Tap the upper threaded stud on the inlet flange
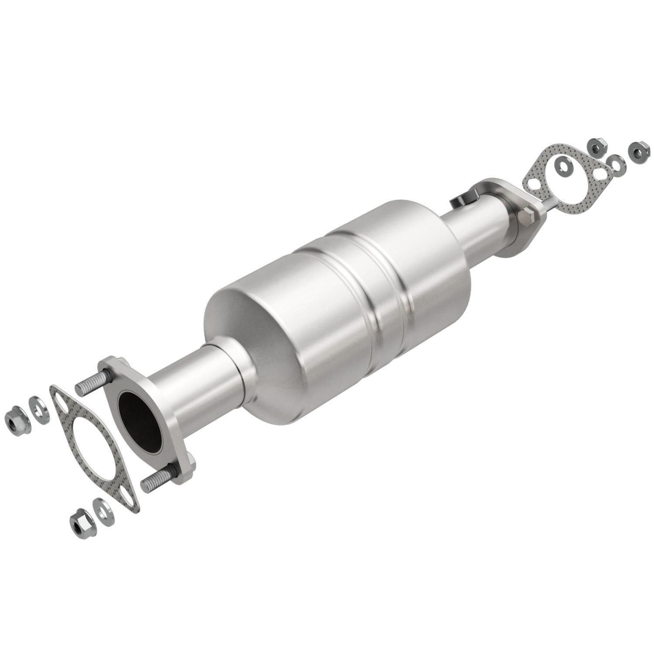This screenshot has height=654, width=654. (91, 384)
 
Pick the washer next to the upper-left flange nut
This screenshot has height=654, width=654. (38, 409)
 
